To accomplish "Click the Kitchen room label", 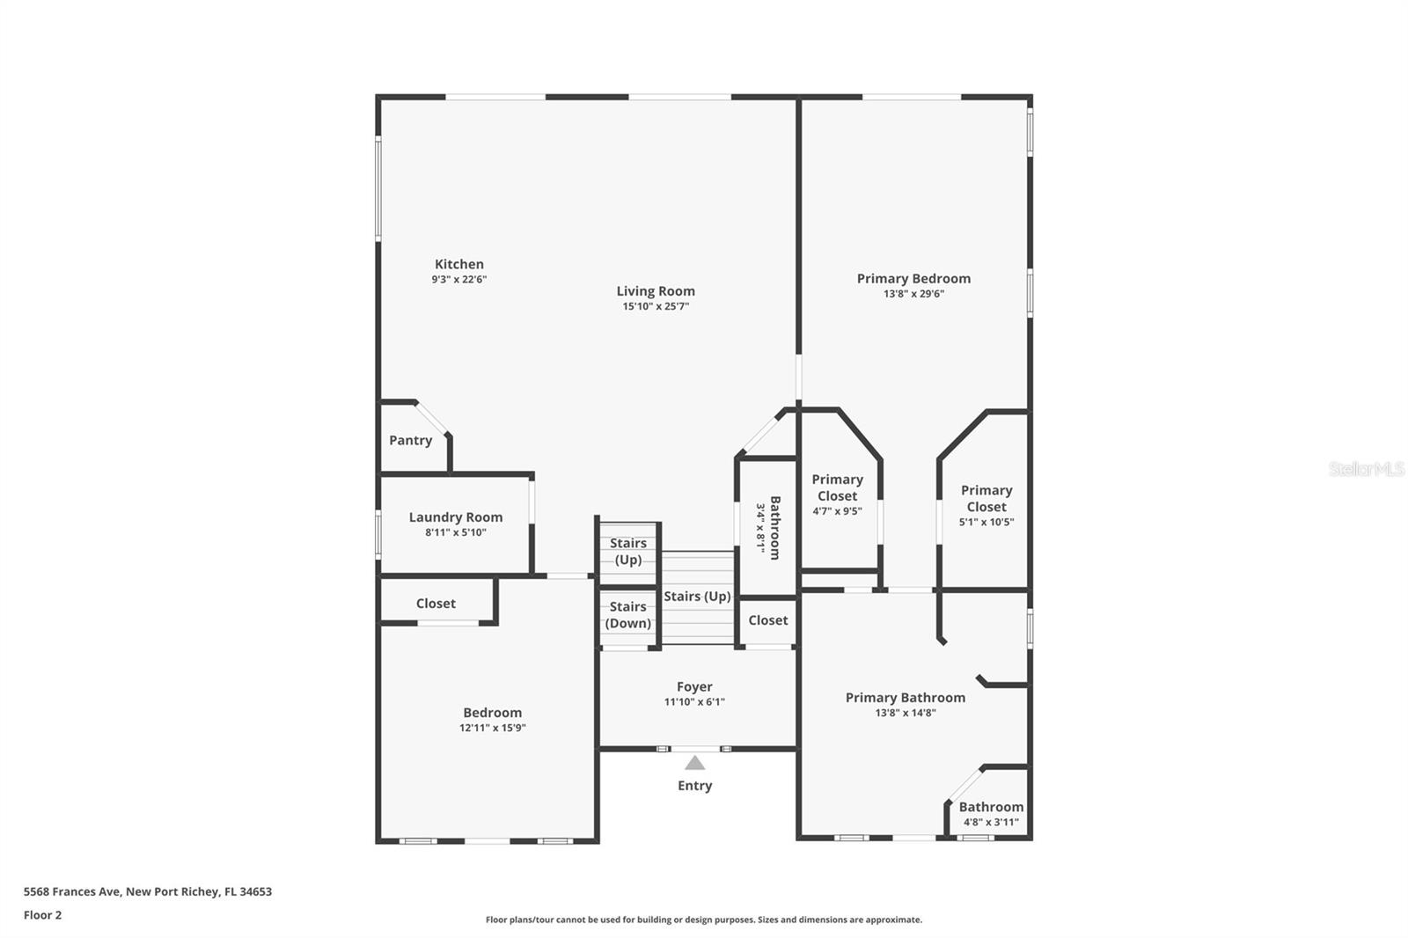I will coord(458,264).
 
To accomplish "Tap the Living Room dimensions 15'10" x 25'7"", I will coord(656,306).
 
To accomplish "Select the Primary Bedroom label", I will coord(913,278).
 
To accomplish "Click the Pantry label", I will coord(410,440).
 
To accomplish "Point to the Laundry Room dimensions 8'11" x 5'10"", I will coord(455,532).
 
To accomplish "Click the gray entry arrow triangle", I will coord(694,763).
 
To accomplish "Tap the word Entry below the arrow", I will coord(694,786).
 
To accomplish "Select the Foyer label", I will coord(694,686).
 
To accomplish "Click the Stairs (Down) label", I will coord(627,615).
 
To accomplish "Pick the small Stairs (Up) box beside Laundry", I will coord(627,552).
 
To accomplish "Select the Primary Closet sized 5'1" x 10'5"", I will coord(986,506).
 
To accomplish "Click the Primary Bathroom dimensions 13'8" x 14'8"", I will coord(905,713).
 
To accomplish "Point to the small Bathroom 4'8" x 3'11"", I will coord(991,814).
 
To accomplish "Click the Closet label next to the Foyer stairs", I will coord(767,620).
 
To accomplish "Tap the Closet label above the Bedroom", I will coord(436,604).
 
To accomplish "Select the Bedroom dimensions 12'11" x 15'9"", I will coord(492,728).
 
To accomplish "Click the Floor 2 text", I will coord(42,915).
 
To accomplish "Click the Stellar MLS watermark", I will coord(1366,469).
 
